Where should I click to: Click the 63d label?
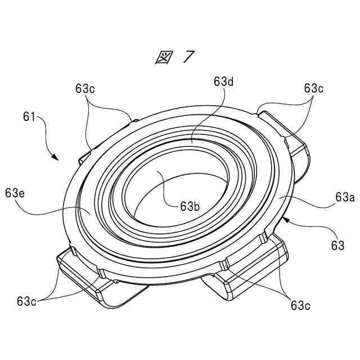pyautogui.click(x=223, y=81)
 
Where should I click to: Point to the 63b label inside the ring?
pyautogui.click(x=190, y=206)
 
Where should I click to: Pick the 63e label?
pyautogui.click(x=14, y=192)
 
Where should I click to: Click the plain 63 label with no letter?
pyautogui.click(x=337, y=246)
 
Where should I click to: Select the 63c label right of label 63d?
pyautogui.click(x=314, y=88)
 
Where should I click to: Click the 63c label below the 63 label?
pyautogui.click(x=301, y=305)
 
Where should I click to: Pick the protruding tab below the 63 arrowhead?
pyautogui.click(x=247, y=270)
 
